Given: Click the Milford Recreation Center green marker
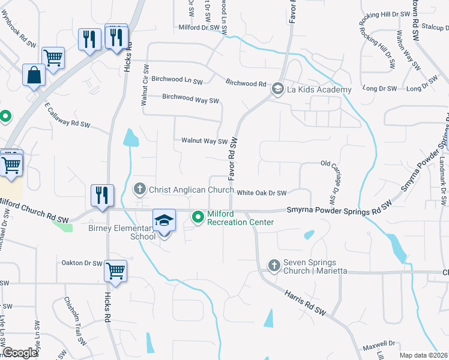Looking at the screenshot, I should pos(197,217).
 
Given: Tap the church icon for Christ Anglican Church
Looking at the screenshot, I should pos(139,190).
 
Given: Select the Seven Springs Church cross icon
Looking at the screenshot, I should pos(274,265).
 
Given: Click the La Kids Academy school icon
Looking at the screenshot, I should pos(277,89).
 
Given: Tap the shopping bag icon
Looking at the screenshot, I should pos(34,76).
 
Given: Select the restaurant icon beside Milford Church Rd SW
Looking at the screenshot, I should pos(101,196).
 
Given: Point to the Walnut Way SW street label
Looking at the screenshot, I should pos(205,142).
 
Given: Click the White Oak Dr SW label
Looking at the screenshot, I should pos(261,193).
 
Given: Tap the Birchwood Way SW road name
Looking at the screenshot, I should pos(191,97).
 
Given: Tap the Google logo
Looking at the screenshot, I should pos(20,353).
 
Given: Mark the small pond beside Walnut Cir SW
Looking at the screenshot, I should pos(130,138).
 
